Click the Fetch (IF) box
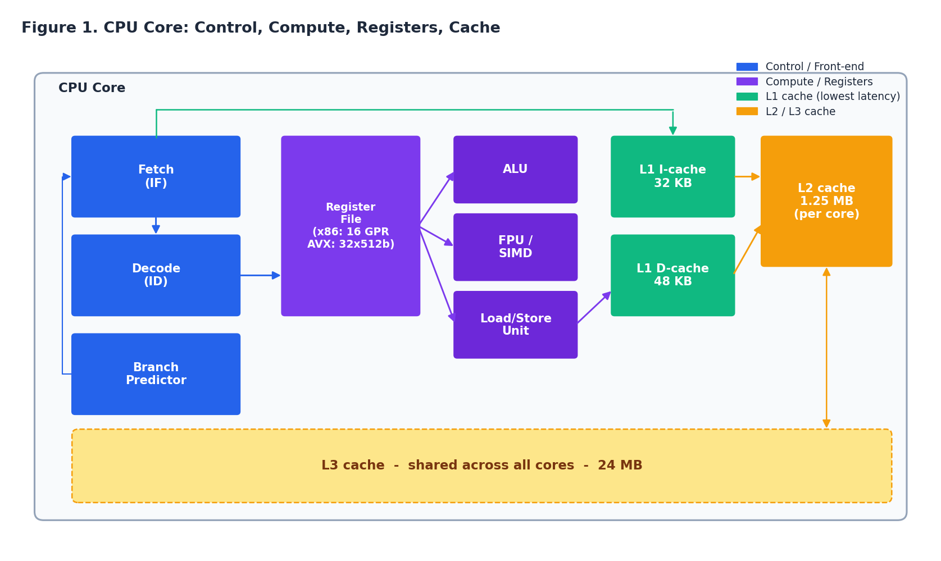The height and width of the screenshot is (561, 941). tap(156, 176)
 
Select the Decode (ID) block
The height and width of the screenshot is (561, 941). tap(156, 275)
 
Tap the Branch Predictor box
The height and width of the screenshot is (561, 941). tap(156, 374)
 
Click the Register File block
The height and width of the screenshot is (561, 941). tap(351, 226)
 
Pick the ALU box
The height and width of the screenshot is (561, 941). tap(515, 169)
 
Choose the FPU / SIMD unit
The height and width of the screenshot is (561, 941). tap(515, 247)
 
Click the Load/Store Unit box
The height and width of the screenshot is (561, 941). tap(515, 325)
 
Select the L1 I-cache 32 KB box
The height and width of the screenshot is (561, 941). tap(672, 176)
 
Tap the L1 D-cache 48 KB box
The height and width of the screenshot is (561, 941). tap(672, 275)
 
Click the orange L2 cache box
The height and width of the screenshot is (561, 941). tap(826, 201)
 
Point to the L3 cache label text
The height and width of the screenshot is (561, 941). tap(481, 466)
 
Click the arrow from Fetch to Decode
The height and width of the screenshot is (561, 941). tap(156, 225)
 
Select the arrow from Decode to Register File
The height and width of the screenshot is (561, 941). tap(260, 275)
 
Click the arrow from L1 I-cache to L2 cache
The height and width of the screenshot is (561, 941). tap(747, 176)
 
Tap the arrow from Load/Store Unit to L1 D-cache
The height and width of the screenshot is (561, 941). tap(594, 307)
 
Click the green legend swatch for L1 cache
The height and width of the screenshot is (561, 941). tap(747, 97)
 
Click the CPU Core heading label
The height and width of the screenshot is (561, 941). tap(92, 88)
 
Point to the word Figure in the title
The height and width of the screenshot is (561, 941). tap(47, 28)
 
